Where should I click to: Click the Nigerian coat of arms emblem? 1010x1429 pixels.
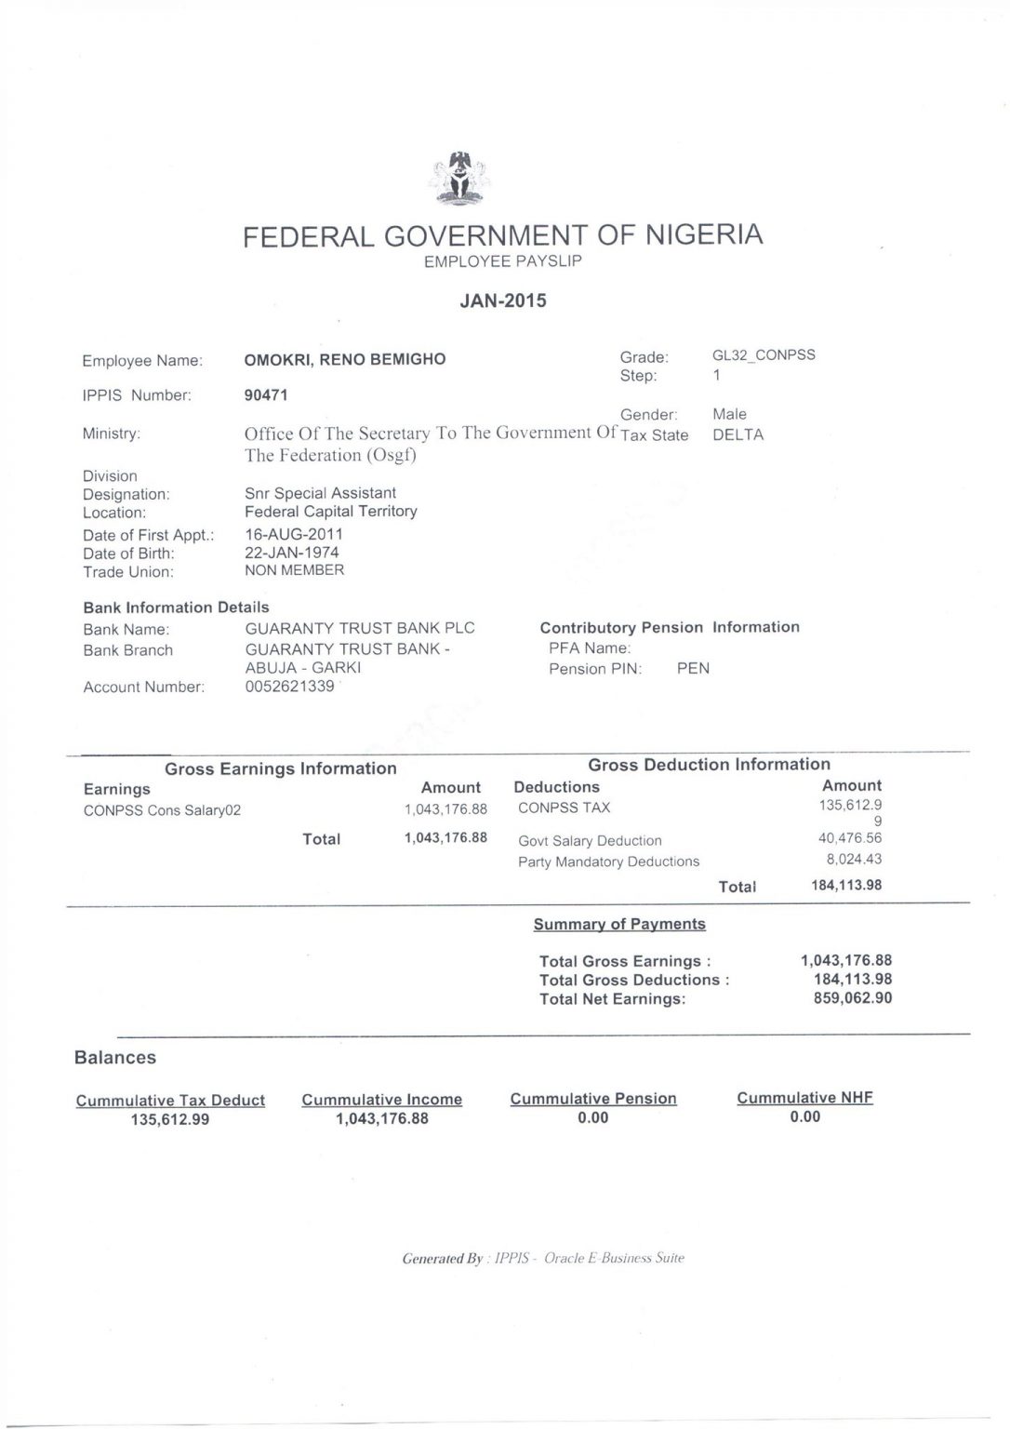(458, 180)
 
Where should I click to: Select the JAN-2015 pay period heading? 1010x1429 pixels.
(503, 300)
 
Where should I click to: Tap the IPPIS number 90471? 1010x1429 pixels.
(266, 394)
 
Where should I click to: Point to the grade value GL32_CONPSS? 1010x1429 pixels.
(763, 355)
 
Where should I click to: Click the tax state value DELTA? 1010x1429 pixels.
(738, 434)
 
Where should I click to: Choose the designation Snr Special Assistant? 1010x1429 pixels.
(320, 493)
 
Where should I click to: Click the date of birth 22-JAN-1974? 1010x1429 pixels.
(292, 553)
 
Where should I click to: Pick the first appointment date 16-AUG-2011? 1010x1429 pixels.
(294, 534)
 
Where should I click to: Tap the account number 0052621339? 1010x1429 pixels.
(289, 687)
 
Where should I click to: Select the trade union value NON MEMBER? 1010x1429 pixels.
(294, 570)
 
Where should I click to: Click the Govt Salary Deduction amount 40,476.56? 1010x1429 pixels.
(849, 838)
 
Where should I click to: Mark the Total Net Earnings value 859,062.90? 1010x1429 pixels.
(852, 998)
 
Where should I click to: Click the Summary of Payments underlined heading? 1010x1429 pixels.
(619, 924)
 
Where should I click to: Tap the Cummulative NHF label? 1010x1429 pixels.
(804, 1098)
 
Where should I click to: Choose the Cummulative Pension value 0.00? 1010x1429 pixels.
(592, 1117)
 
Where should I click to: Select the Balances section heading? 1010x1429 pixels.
(115, 1058)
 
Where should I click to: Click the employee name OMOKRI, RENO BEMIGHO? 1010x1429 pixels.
(344, 359)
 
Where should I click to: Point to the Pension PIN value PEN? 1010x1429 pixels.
(693, 669)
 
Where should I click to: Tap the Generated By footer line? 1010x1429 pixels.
(543, 1259)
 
